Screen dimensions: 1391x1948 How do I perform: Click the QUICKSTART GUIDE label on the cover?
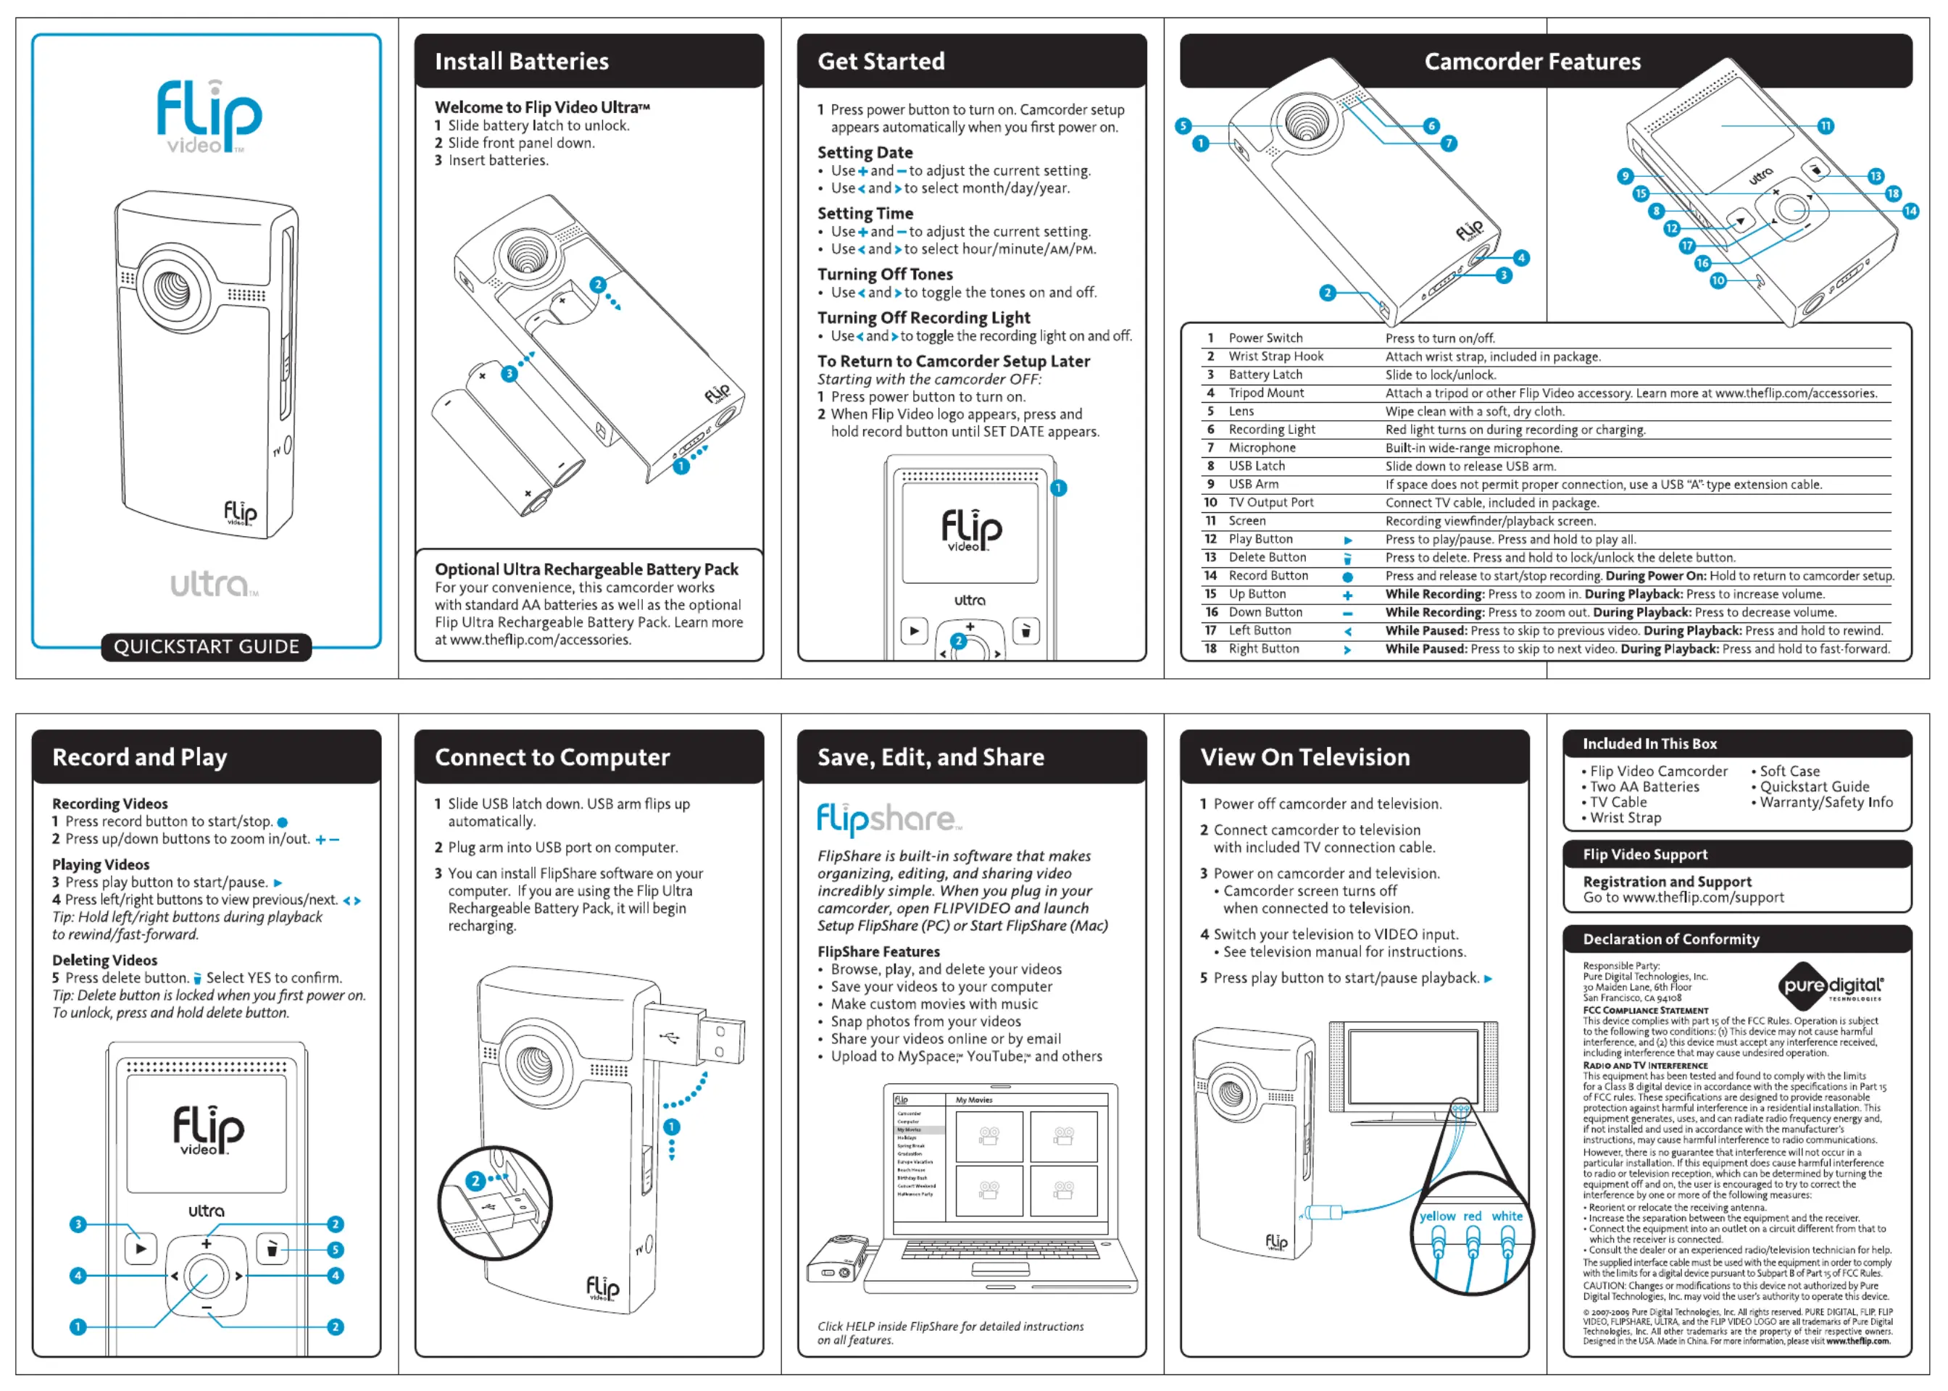click(207, 647)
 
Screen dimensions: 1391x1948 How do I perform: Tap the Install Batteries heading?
click(522, 62)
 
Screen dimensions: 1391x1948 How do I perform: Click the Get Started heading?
click(881, 62)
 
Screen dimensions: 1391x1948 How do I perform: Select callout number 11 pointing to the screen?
click(1826, 126)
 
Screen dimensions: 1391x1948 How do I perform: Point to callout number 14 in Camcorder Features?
click(1910, 211)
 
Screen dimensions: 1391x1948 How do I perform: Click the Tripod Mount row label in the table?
click(1266, 393)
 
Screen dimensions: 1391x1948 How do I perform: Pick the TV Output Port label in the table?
click(1270, 503)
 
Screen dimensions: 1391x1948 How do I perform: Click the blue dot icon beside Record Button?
click(1347, 577)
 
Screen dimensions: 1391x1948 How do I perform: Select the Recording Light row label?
click(1271, 430)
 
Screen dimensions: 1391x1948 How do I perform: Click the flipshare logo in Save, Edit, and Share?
click(888, 819)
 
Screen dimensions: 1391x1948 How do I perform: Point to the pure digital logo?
click(1831, 985)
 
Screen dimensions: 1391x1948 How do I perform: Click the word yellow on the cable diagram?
click(1436, 1216)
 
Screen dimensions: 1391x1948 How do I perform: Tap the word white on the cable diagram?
click(1507, 1216)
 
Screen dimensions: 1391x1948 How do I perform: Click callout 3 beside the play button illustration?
click(78, 1224)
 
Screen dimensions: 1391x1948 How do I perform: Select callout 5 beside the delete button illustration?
click(336, 1250)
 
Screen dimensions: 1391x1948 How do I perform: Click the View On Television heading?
click(1304, 757)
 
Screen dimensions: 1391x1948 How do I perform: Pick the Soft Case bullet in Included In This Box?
click(1789, 771)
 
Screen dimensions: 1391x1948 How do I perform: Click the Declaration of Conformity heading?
click(1670, 940)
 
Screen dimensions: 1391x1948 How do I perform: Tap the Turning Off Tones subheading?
click(884, 274)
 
